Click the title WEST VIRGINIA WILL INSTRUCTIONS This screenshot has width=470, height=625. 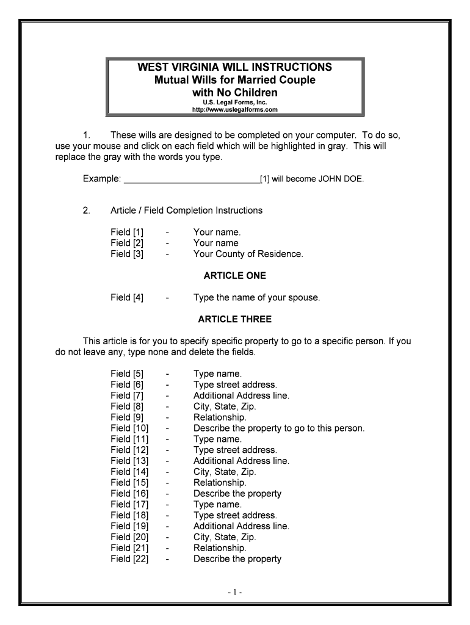click(235, 67)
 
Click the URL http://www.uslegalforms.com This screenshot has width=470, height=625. click(235, 110)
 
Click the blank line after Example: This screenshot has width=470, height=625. click(192, 179)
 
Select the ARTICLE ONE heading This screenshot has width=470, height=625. click(235, 276)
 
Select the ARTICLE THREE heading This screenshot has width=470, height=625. click(235, 319)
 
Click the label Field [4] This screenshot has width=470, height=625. click(127, 298)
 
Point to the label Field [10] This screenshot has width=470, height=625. click(129, 428)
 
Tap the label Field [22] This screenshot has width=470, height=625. click(129, 559)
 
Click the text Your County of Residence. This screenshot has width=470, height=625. click(248, 254)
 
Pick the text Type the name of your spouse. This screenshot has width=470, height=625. click(256, 298)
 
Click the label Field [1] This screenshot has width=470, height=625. click(127, 232)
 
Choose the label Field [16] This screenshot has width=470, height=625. click(129, 494)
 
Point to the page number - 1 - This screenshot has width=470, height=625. click(235, 593)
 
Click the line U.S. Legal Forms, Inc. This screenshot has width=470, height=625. click(235, 103)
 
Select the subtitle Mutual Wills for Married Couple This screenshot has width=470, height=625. click(235, 80)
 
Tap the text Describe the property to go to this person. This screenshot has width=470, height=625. click(278, 428)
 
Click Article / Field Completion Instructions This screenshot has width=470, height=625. click(186, 211)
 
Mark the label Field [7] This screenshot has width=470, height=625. click(127, 396)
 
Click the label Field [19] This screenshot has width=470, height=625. click(129, 526)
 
